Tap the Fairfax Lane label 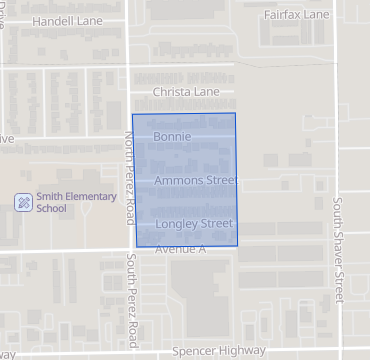[x=296, y=16]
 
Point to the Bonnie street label [x=172, y=135]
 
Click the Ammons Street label [x=196, y=181]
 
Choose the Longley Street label [x=194, y=223]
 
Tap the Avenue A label [x=180, y=248]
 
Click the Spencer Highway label [x=219, y=351]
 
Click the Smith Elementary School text [x=65, y=202]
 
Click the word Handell [x=50, y=20]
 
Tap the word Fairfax [x=284, y=16]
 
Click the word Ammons [x=177, y=181]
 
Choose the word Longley [x=177, y=223]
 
